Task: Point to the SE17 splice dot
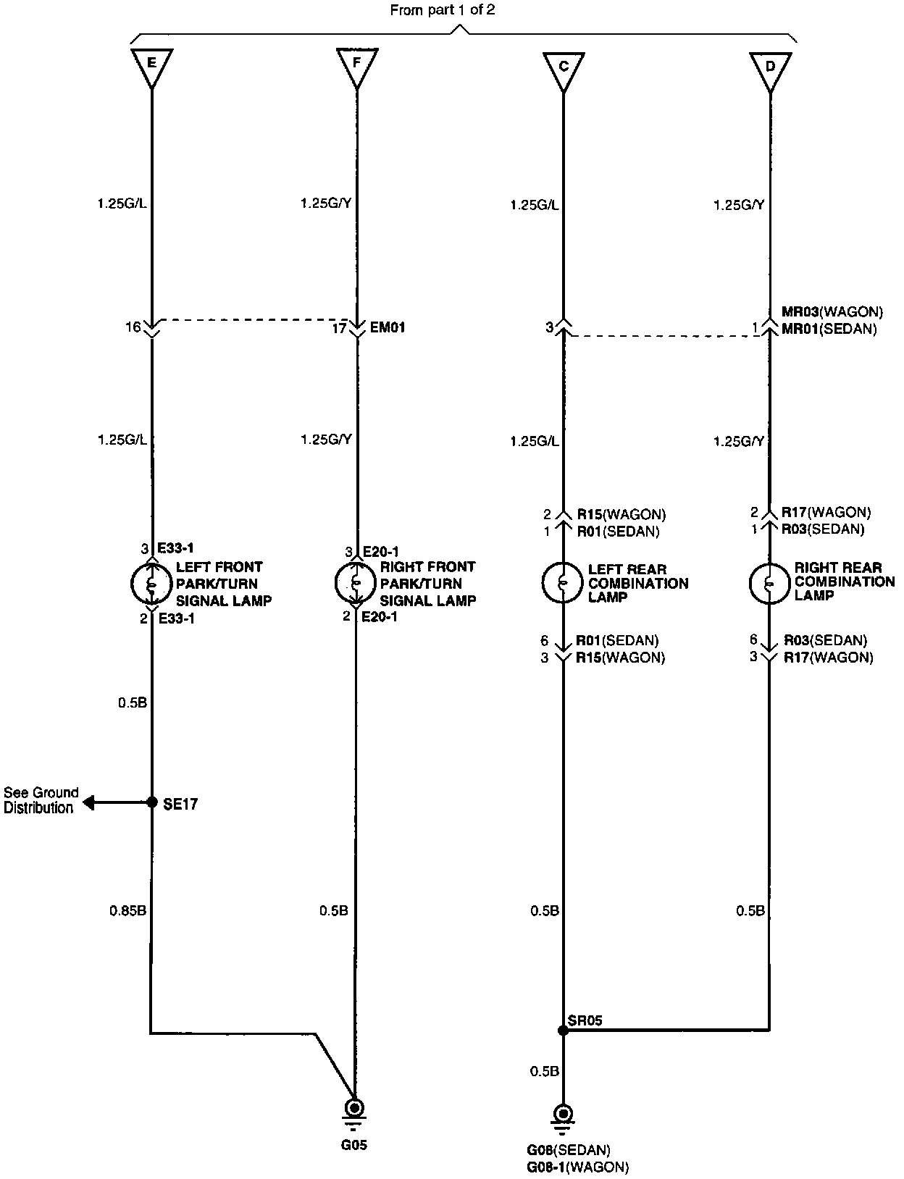[x=152, y=802]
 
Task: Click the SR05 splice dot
[x=563, y=1030]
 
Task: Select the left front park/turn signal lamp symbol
[x=151, y=583]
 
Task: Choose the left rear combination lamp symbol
[x=563, y=582]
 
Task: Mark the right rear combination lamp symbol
[x=769, y=582]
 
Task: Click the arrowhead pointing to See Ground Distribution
[x=88, y=802]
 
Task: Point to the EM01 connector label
[x=388, y=327]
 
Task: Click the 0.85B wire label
[x=128, y=910]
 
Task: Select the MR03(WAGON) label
[x=832, y=312]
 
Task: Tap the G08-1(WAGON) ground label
[x=577, y=1167]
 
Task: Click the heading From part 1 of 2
[x=443, y=10]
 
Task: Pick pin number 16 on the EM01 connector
[x=133, y=327]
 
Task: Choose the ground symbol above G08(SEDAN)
[x=563, y=1116]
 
